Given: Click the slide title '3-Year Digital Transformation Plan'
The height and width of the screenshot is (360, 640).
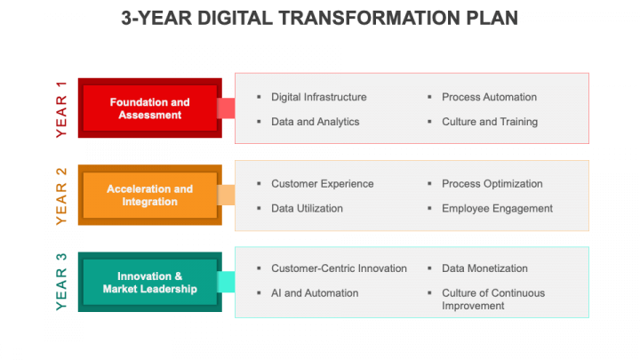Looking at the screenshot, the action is [320, 19].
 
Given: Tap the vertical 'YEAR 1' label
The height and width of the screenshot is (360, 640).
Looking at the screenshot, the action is [61, 109].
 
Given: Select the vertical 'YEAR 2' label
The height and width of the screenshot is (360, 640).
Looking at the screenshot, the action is [61, 196].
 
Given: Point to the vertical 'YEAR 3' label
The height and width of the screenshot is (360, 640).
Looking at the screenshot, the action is [61, 282].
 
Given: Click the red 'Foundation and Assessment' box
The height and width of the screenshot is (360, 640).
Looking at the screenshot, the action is [150, 108].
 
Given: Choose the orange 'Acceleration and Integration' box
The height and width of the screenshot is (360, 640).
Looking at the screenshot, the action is [150, 195].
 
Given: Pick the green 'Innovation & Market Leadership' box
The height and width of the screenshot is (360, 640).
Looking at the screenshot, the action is [150, 282].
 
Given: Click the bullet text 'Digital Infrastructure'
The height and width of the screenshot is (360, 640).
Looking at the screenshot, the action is [319, 97].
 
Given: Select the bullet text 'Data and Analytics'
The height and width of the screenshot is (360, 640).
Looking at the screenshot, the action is [315, 122].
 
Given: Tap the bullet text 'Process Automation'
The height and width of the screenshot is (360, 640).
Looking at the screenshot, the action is [490, 97].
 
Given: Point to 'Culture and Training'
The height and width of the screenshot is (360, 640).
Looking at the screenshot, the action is [490, 122].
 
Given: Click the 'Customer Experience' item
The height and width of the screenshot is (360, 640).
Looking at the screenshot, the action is [323, 184].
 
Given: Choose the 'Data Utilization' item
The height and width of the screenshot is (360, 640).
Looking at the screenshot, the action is [307, 209].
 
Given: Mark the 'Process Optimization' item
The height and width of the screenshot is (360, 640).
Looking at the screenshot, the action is [492, 184].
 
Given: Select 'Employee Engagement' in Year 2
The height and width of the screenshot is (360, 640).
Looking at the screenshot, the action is [497, 209].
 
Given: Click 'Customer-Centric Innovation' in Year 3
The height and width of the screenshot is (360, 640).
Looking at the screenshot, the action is [340, 268].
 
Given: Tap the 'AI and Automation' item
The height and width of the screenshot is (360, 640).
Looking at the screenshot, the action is [315, 293].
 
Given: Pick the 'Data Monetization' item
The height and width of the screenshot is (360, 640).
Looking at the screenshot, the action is [485, 268].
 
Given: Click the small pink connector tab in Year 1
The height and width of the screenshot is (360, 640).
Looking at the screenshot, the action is [226, 108].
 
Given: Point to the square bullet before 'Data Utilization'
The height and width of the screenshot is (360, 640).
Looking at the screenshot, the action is [259, 208].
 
